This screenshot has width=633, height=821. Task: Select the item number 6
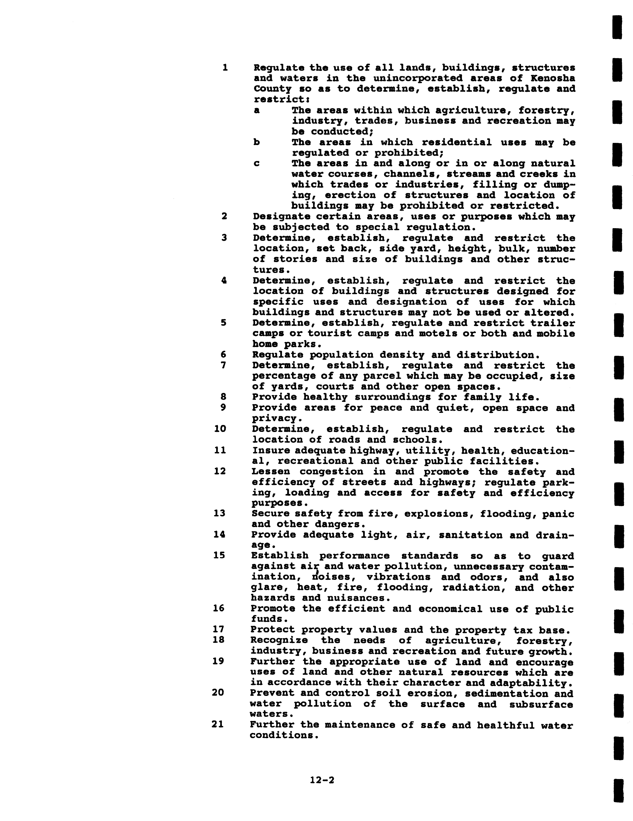point(223,355)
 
